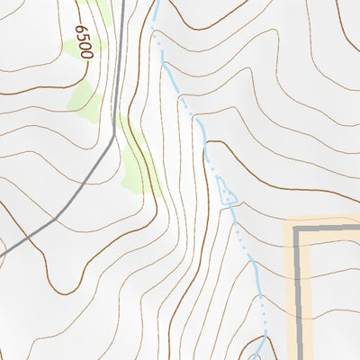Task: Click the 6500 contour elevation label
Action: click(x=85, y=42)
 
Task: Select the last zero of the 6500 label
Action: click(x=86, y=55)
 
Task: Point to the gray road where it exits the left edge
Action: click(x=3, y=254)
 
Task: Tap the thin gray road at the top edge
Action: click(x=121, y=3)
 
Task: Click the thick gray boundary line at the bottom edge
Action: click(x=300, y=356)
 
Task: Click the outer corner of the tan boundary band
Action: click(x=287, y=220)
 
